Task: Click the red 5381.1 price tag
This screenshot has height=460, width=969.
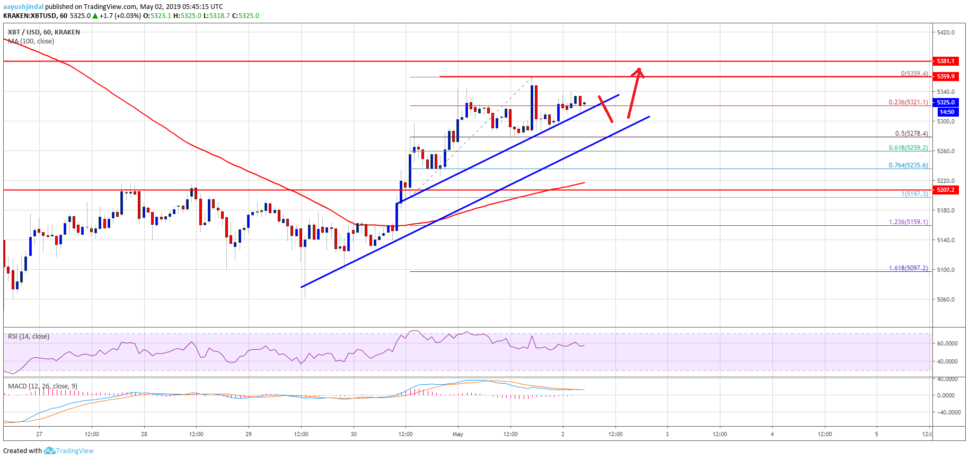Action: pyautogui.click(x=945, y=61)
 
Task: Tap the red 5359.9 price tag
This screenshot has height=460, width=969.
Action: pyautogui.click(x=945, y=76)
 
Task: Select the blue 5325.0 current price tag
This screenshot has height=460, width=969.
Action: pyautogui.click(x=945, y=102)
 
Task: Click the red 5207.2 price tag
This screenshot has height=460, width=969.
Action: pyautogui.click(x=945, y=190)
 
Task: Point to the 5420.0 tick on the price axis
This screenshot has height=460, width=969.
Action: pyautogui.click(x=946, y=32)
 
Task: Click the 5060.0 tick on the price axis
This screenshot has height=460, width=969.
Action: pyautogui.click(x=946, y=299)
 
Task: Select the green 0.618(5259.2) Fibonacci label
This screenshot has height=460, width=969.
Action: pyautogui.click(x=908, y=148)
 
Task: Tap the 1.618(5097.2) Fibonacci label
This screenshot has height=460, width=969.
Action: pyautogui.click(x=908, y=268)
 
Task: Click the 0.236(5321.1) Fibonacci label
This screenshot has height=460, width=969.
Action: pyautogui.click(x=908, y=102)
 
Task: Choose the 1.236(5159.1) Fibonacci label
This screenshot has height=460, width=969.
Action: pyautogui.click(x=908, y=222)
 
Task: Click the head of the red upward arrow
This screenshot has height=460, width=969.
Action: pyautogui.click(x=639, y=71)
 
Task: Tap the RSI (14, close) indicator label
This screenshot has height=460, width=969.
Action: pyautogui.click(x=29, y=337)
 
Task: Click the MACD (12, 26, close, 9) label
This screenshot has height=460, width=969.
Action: pyautogui.click(x=42, y=386)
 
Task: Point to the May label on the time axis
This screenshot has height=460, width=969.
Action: pyautogui.click(x=457, y=434)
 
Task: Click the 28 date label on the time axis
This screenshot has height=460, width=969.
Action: pyautogui.click(x=144, y=434)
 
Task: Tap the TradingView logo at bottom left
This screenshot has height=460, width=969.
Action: pyautogui.click(x=69, y=451)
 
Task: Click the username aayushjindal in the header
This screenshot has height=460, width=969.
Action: pyautogui.click(x=23, y=7)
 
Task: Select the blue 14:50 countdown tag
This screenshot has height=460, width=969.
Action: pyautogui.click(x=946, y=112)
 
